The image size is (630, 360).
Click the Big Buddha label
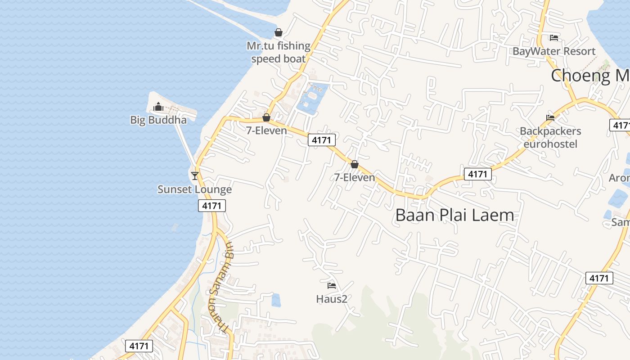pos(158,120)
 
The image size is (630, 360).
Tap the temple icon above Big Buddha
pos(158,107)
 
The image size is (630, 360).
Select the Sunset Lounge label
pos(194,189)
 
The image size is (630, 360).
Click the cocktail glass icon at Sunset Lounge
pos(195,175)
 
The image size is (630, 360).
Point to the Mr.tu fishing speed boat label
pos(279,52)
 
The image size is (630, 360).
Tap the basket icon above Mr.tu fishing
pos(279,33)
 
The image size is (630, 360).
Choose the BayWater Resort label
pos(554,51)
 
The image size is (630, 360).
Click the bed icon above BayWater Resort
pos(554,38)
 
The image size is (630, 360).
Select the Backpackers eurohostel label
pos(550,137)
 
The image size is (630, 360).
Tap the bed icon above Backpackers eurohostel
pos(550,118)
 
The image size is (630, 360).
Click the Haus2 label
pos(332,299)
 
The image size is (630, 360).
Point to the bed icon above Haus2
pos(332,285)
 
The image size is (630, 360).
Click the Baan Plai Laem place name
pos(454,215)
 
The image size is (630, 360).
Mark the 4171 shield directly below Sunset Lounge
pos(212,206)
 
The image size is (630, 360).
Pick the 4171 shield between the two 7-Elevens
pos(322,140)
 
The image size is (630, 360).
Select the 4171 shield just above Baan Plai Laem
pos(477,174)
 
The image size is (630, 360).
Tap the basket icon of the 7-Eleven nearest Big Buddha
pos(266,118)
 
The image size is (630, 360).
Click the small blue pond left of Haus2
pos(276,300)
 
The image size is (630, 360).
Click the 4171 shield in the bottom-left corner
pos(139,346)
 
